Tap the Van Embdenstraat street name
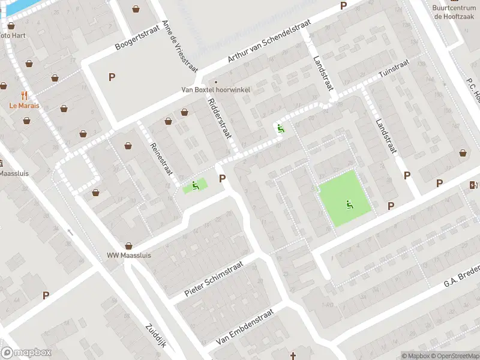(x=244, y=328)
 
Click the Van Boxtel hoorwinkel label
(x=216, y=90)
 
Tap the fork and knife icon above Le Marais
(x=25, y=95)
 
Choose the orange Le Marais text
(x=25, y=106)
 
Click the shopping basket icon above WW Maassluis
(x=128, y=245)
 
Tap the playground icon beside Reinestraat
(x=194, y=185)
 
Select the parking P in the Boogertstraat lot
(x=111, y=77)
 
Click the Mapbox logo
(x=26, y=353)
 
